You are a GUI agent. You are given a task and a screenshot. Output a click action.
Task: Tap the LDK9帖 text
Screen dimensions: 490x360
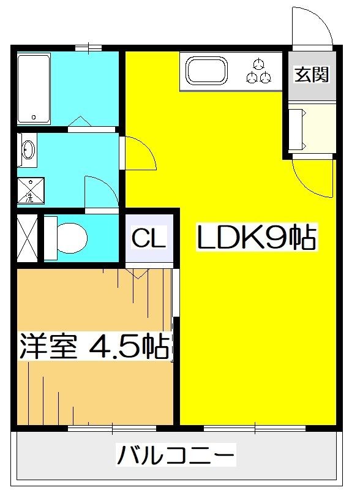[x=256, y=238]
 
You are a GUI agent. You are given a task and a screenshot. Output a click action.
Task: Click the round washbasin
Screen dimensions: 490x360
[x=28, y=149]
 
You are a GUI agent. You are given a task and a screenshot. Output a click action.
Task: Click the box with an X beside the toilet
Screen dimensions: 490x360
[x=27, y=238]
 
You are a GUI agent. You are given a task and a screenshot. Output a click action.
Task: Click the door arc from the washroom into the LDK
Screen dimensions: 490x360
[x=140, y=153]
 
